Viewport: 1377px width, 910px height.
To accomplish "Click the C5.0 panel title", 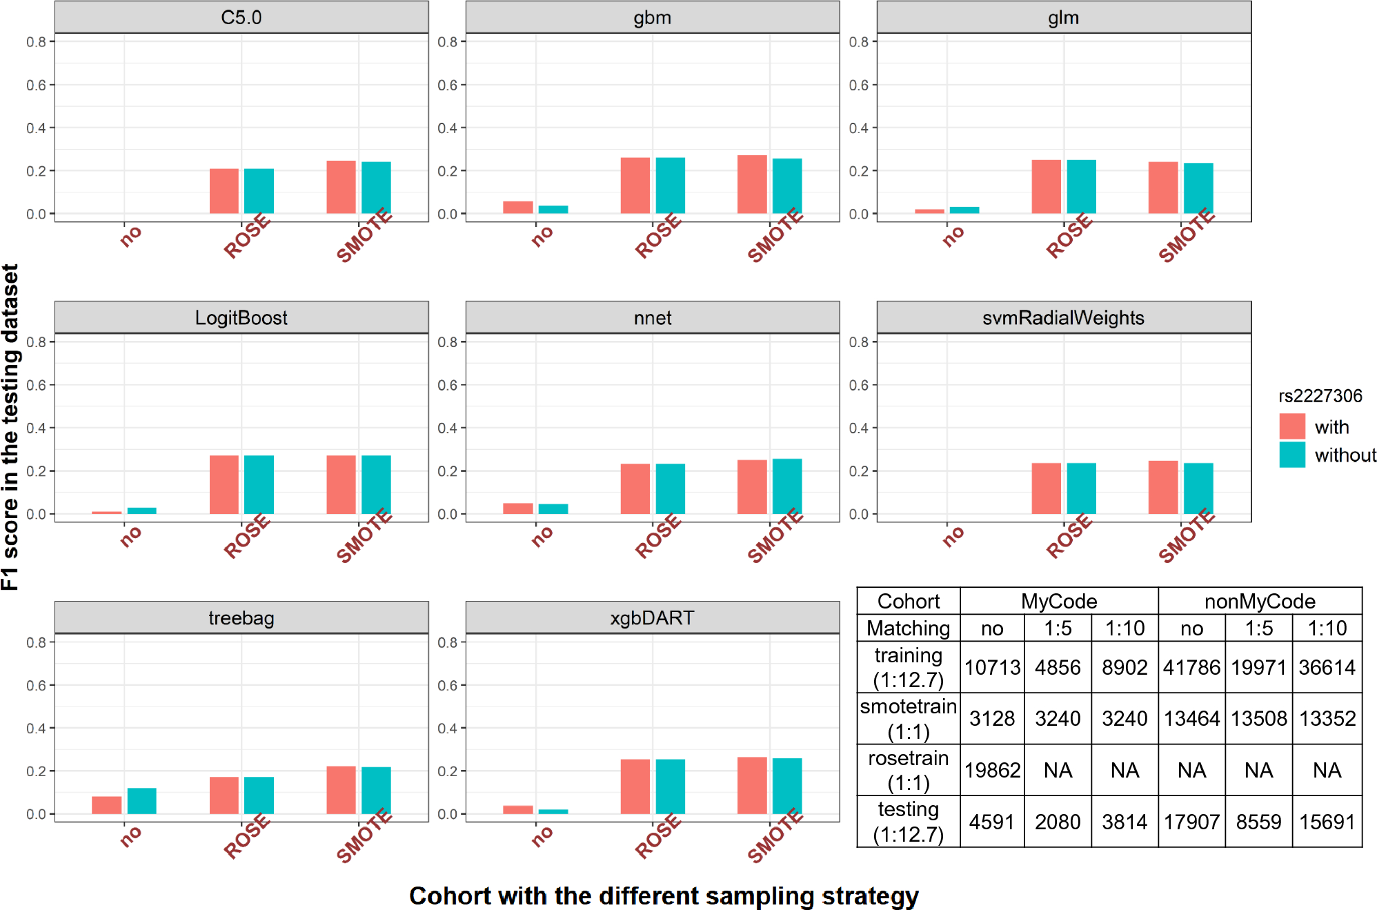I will pos(241,17).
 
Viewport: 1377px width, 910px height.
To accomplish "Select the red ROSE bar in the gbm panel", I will pos(635,186).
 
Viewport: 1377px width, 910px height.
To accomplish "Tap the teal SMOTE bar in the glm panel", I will pos(1198,188).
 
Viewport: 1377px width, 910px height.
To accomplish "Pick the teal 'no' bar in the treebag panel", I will pos(141,801).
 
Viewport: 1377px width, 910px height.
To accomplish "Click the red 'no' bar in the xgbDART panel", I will pos(518,810).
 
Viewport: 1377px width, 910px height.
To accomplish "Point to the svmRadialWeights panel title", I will pos(1063,317).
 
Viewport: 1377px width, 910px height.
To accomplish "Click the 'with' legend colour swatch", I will pos(1291,426).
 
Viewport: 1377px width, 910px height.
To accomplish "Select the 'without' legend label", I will pos(1345,455).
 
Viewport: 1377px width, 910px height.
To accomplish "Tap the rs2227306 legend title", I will pos(1320,396).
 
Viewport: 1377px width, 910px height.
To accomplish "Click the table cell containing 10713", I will pos(991,667).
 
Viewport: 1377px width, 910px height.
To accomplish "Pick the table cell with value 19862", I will pos(991,770).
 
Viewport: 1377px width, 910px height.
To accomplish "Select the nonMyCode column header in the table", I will pos(1259,601).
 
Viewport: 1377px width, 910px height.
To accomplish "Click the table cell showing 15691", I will pos(1327,822).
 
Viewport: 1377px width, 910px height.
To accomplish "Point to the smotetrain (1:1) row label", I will pos(908,719).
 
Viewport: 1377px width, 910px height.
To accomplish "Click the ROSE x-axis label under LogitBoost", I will pos(246,536).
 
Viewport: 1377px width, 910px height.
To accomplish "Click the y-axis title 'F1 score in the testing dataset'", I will pos(10,427).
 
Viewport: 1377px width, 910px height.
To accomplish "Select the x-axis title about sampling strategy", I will pos(663,896).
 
